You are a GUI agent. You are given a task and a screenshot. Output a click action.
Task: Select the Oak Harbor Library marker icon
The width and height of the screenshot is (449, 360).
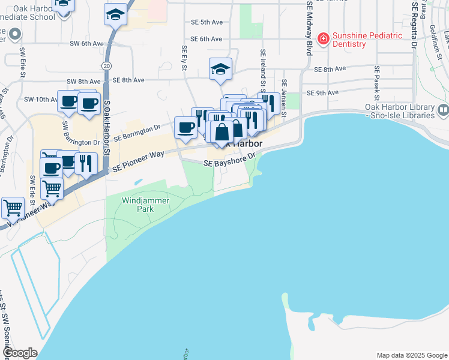coord(443,110)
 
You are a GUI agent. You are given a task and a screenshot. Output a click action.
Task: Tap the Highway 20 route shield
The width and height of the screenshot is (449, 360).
coord(106,64)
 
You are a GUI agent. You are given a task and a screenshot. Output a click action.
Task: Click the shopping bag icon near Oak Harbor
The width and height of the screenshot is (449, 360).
coord(221,132)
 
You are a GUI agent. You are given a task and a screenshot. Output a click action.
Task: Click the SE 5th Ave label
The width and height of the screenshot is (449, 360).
coord(206,22)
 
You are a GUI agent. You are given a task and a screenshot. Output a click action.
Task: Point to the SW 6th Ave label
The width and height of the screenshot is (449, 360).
coord(87,43)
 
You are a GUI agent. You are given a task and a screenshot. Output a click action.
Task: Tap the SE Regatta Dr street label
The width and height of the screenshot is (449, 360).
coord(415,27)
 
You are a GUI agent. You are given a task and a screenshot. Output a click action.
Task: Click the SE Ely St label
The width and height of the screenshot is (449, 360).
coord(184,56)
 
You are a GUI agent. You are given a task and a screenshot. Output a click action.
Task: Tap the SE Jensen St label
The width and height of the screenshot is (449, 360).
coord(285,98)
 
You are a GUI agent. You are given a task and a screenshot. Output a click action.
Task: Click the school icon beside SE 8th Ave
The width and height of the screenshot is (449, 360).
coord(220,69)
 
